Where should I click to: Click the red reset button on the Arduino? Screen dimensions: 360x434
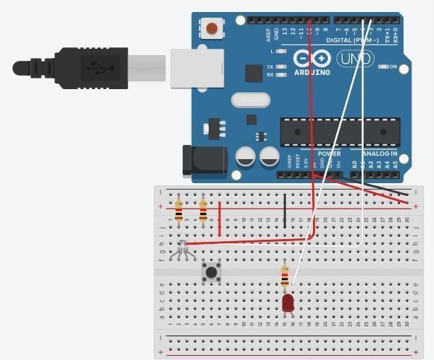[211, 30]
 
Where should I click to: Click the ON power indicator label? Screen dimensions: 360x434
[393, 66]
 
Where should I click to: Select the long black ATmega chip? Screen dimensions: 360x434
[331, 132]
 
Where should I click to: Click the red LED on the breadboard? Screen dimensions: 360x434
[287, 303]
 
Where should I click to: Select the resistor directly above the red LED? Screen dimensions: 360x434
[285, 276]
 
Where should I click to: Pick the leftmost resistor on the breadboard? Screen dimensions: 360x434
[178, 210]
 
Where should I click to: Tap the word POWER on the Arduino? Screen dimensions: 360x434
[329, 153]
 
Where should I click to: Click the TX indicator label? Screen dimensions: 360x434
[270, 67]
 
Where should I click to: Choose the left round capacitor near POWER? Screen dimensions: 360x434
[246, 156]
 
